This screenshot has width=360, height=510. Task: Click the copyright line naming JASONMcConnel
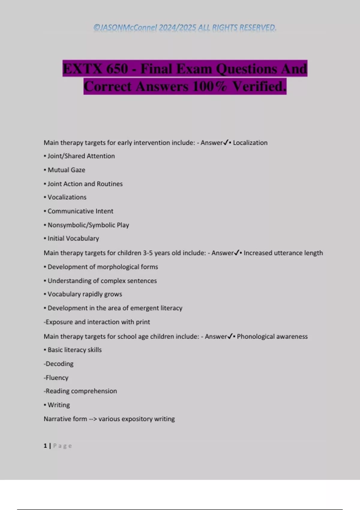(x=184, y=28)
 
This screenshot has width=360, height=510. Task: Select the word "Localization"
(x=250, y=143)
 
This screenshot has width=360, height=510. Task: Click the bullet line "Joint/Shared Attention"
(x=81, y=156)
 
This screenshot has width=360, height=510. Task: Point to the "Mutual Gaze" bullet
(x=66, y=170)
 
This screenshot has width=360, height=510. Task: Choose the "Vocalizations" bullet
(x=67, y=197)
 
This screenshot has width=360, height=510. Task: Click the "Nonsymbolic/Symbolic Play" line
(x=88, y=225)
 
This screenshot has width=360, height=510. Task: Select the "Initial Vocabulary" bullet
(x=73, y=238)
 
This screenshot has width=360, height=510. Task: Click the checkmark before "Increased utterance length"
(x=236, y=253)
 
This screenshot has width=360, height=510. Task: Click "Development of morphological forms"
(x=103, y=267)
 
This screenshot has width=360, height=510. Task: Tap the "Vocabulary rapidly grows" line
(x=85, y=294)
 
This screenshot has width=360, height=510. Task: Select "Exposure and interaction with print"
(x=97, y=322)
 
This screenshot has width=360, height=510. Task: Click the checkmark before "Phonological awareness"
(x=230, y=336)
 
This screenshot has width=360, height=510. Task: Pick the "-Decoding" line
(x=59, y=364)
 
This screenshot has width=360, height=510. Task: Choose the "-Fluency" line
(x=56, y=378)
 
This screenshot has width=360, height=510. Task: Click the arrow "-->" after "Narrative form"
(x=93, y=419)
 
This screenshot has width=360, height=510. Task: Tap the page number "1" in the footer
(x=45, y=446)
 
